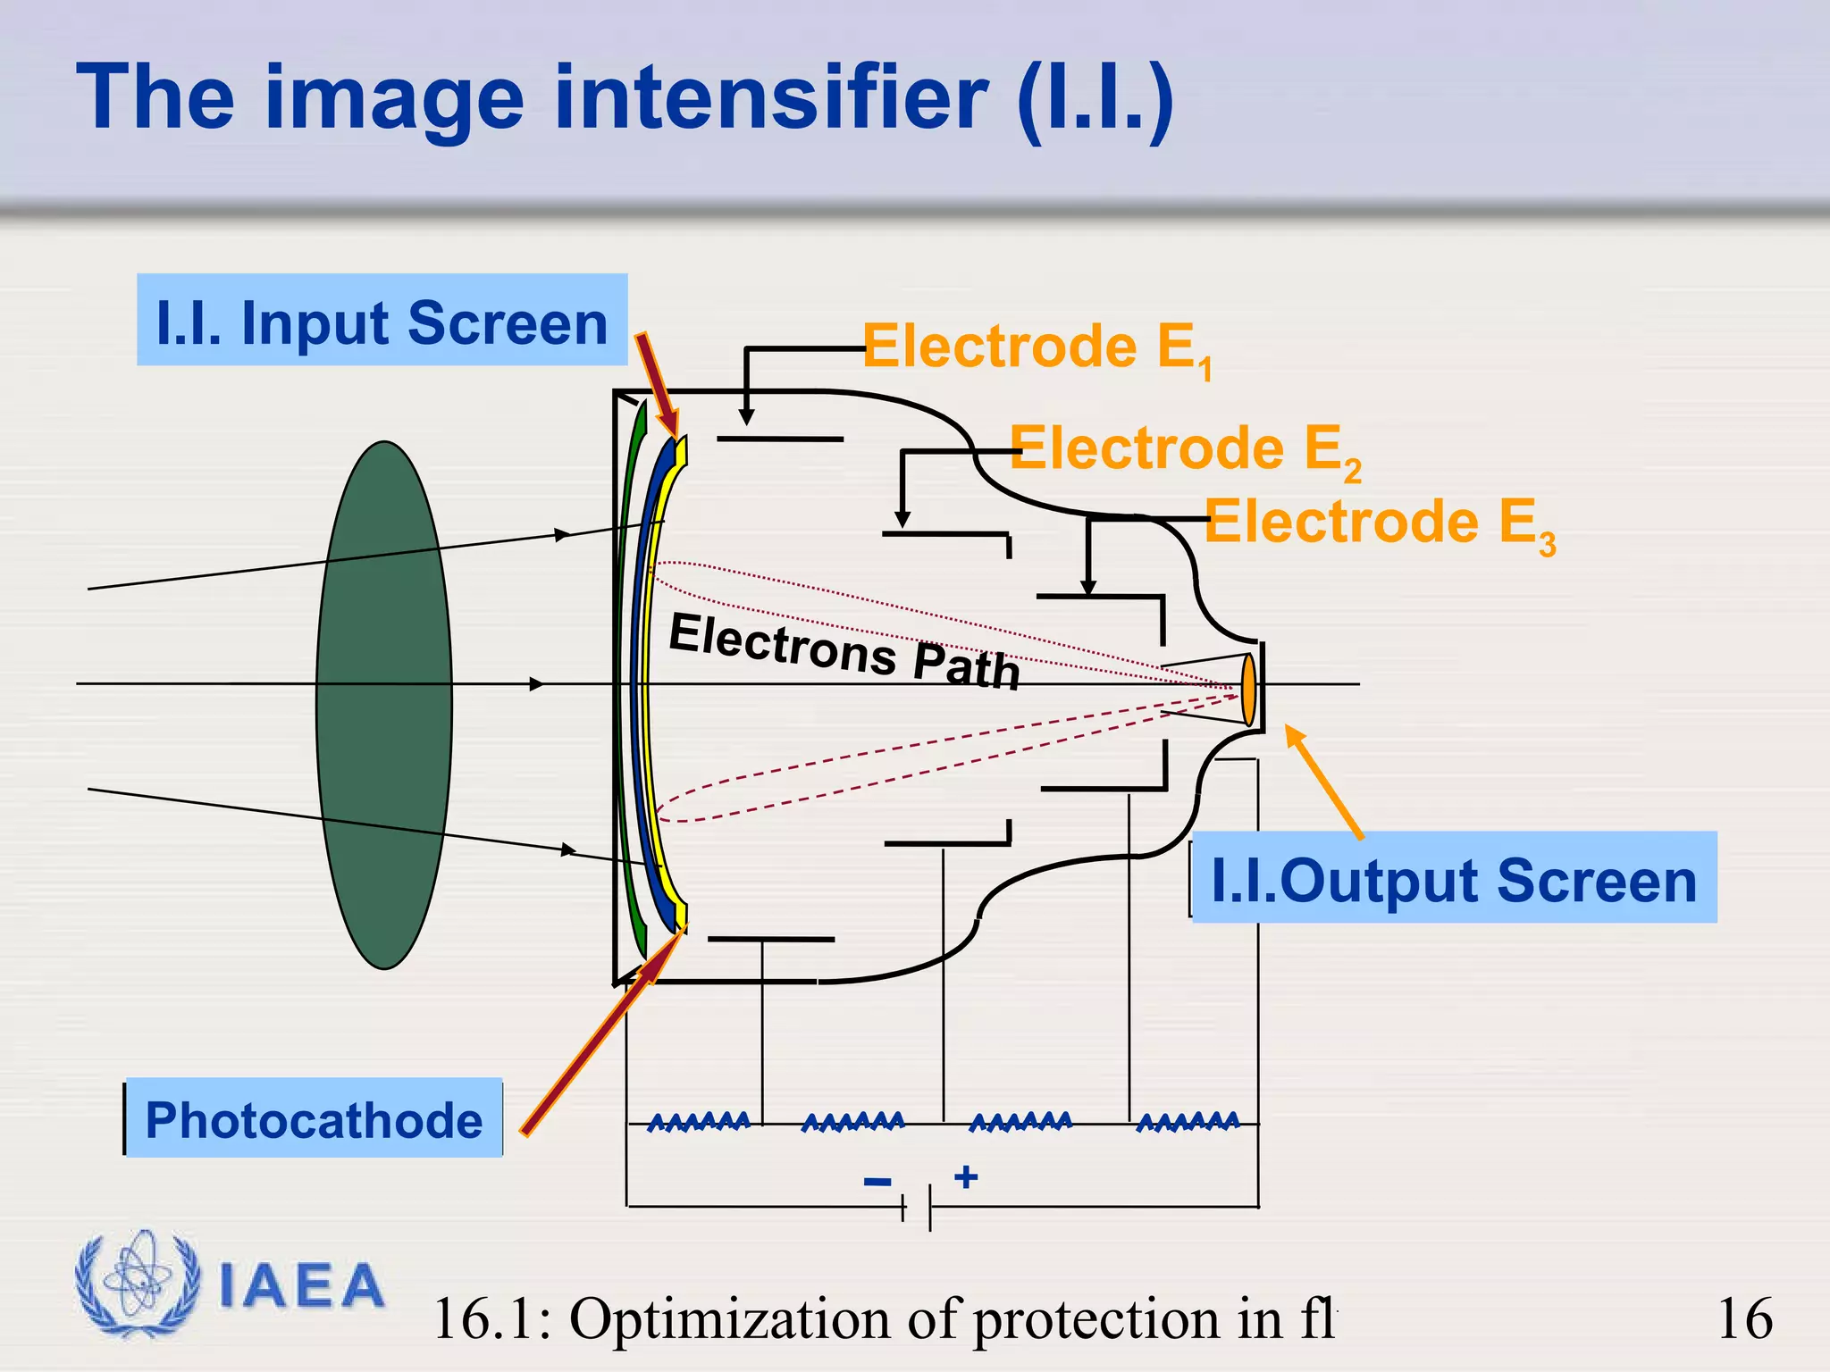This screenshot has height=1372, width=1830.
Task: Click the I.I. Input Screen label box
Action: [382, 321]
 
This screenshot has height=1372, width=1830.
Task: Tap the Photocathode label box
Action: [314, 1118]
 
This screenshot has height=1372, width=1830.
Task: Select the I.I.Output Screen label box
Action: [1453, 878]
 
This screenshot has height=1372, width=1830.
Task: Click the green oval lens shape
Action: [384, 705]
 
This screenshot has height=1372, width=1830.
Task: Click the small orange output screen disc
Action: [1248, 689]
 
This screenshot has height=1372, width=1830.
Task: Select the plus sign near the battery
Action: [966, 1176]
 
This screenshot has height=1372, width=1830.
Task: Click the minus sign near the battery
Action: [877, 1182]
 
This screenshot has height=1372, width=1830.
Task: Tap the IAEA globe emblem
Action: [138, 1284]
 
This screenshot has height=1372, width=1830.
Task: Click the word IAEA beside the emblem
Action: [302, 1286]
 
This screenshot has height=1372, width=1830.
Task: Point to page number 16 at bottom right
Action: [1744, 1318]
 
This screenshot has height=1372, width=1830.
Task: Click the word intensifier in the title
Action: [770, 97]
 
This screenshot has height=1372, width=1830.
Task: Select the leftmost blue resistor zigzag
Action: [698, 1122]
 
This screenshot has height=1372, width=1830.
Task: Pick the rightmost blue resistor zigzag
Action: [1188, 1122]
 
